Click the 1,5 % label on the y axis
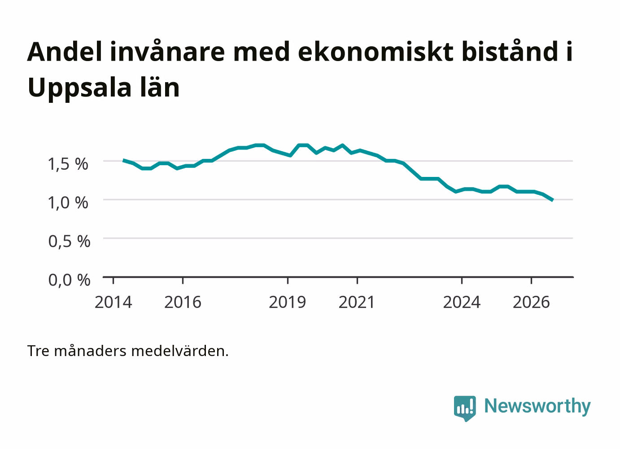pos(68,164)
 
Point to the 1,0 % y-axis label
pos(68,203)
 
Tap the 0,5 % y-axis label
pos(69,241)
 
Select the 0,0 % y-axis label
pos(69,280)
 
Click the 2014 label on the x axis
pos(113,302)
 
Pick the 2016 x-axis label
pos(183,302)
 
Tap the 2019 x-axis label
pos(288,302)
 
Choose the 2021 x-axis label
pos(357,302)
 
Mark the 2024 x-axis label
pos(462,302)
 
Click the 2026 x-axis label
pos(531,302)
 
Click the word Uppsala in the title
pos(79,88)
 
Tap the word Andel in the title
pos(65,52)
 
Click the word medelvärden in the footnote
pos(180,351)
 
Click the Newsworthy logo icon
pos(465,409)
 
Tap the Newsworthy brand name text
pos(537,407)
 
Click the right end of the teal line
pos(553,200)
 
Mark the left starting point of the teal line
pos(123,160)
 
